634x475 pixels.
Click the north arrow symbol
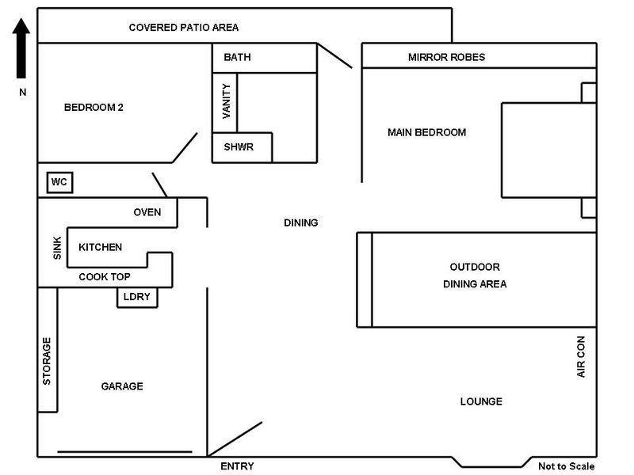click(22, 49)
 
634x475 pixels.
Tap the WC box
click(59, 183)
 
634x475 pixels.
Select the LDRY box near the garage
click(137, 298)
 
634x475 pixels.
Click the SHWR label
click(239, 148)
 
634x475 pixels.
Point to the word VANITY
click(227, 101)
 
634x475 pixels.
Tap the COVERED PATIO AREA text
click(184, 28)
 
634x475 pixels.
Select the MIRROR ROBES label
click(446, 58)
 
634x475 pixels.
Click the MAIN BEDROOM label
click(426, 132)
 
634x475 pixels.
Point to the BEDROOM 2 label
click(94, 108)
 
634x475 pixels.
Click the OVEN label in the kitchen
click(147, 212)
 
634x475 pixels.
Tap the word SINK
click(57, 249)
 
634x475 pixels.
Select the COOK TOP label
click(105, 277)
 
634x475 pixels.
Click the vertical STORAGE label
click(47, 361)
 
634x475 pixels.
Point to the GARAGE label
click(122, 386)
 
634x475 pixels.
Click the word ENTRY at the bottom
click(237, 466)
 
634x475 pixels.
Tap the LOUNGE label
click(481, 401)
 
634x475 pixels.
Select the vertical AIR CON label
click(581, 356)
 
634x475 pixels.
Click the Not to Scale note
click(566, 466)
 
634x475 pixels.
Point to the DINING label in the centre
click(300, 223)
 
